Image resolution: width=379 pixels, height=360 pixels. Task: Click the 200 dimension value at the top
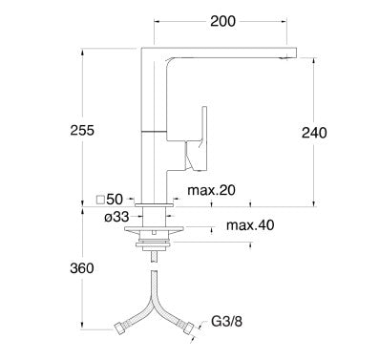pyautogui.click(x=223, y=21)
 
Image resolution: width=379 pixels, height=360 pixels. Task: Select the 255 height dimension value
pyautogui.click(x=82, y=130)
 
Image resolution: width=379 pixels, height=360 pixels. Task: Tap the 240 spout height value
pyautogui.click(x=314, y=133)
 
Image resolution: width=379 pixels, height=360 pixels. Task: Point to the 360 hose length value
pyautogui.click(x=82, y=268)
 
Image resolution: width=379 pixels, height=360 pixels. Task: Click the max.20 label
pyautogui.click(x=211, y=190)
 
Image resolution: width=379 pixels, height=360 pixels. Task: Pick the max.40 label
pyautogui.click(x=250, y=225)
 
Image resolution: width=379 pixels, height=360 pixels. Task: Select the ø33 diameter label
pyautogui.click(x=116, y=217)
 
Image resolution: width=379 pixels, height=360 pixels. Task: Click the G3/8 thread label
pyautogui.click(x=227, y=321)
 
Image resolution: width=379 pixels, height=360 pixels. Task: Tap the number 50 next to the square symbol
pyautogui.click(x=115, y=200)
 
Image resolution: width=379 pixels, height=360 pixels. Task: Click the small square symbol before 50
pyautogui.click(x=100, y=200)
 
